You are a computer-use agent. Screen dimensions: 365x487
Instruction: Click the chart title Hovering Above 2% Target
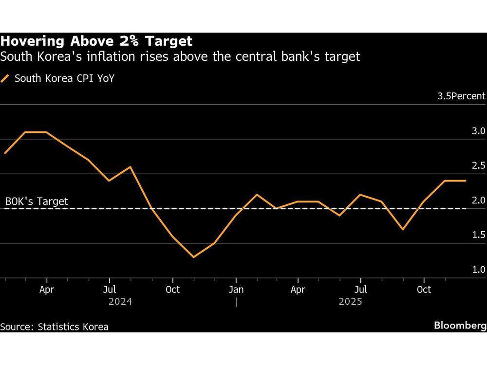(x=96, y=41)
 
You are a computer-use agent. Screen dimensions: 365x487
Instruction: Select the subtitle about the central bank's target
(x=180, y=57)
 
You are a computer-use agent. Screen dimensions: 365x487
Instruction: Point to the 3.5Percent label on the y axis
(x=461, y=96)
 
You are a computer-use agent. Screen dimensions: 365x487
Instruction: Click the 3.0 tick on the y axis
(x=478, y=131)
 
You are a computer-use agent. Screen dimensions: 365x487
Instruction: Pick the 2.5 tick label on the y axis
(x=478, y=166)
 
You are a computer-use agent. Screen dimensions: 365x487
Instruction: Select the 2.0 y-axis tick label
(x=478, y=201)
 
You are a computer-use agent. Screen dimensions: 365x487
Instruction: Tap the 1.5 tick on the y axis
(x=478, y=235)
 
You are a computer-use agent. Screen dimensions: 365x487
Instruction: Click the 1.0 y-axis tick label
(x=478, y=270)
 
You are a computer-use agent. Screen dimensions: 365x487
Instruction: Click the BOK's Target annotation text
(x=37, y=201)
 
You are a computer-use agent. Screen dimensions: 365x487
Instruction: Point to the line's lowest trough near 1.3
(x=193, y=257)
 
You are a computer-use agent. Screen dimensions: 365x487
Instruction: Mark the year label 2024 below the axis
(x=120, y=302)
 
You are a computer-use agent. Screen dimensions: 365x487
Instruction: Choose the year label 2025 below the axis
(x=350, y=302)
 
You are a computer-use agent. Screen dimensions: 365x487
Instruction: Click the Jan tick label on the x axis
(x=236, y=290)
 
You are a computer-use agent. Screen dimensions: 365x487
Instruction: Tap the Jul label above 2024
(x=110, y=290)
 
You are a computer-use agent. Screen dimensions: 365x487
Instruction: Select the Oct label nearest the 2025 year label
(x=424, y=290)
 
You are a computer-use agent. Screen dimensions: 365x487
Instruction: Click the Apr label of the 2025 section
(x=298, y=290)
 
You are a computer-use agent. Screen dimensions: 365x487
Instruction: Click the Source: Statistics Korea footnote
(x=55, y=327)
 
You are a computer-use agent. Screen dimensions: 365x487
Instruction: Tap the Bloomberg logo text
(x=460, y=326)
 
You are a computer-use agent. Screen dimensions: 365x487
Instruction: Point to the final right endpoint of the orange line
(x=466, y=181)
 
